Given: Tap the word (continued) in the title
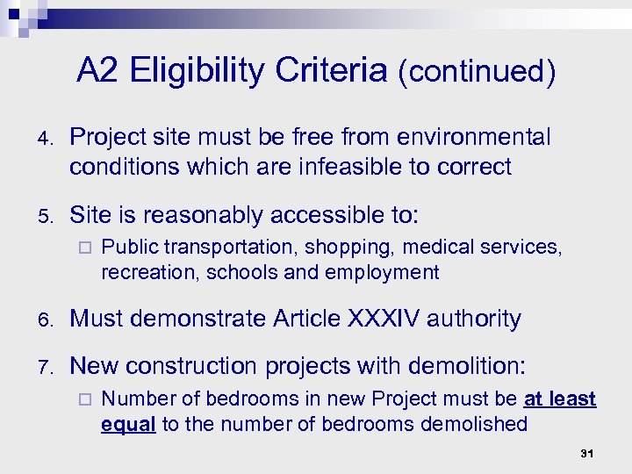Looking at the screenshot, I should pos(477,72).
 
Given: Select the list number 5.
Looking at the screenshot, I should pos(44,216).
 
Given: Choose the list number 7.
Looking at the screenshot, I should pos(44,364).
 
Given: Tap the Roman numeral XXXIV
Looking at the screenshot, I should pos(380,319).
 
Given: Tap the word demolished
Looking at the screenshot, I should pos(478,425).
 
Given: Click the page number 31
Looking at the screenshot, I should pos(587,455).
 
